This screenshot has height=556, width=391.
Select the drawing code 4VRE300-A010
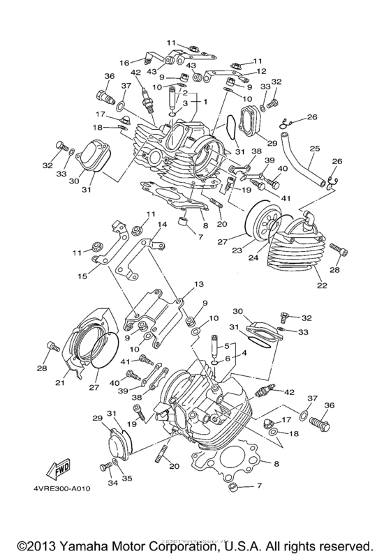click(x=61, y=488)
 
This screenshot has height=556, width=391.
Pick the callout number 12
click(x=262, y=71)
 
